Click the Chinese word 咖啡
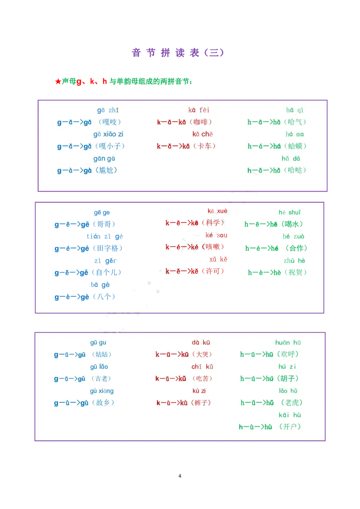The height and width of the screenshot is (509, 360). point(200,122)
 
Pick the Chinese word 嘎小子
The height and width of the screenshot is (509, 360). point(110,146)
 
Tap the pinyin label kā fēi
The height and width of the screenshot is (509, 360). point(199,110)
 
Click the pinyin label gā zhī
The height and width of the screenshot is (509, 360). point(108,110)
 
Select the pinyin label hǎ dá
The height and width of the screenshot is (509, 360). point(291,158)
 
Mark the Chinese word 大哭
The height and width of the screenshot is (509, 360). point(201,354)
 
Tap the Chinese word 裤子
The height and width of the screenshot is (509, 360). point(200,402)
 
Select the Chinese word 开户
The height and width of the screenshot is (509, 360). point(290,427)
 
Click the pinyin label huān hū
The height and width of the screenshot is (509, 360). point(288,343)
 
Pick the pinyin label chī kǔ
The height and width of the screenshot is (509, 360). point(202,366)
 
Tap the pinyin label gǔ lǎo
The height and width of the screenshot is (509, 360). point(99,366)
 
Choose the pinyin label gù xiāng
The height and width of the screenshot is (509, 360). point(102,391)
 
